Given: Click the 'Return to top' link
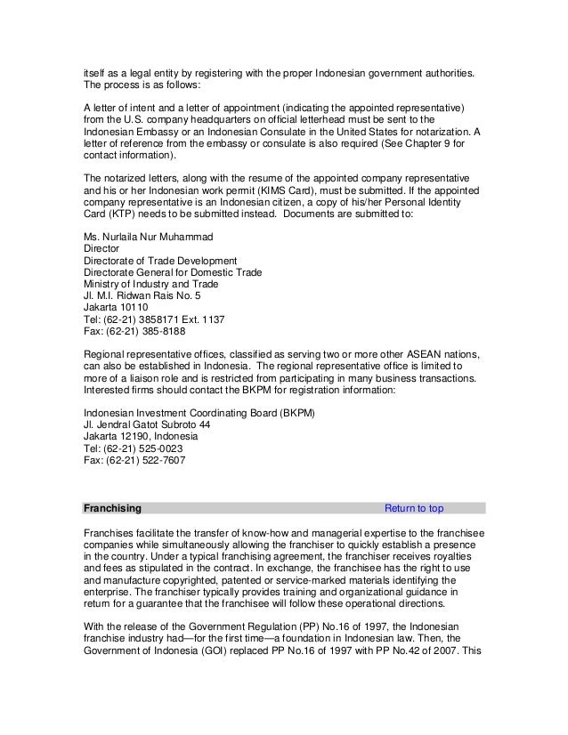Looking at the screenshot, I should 413,509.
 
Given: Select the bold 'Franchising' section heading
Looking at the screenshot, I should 111,509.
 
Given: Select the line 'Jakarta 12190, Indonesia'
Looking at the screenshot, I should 139,437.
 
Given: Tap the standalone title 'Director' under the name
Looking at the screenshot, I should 100,249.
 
